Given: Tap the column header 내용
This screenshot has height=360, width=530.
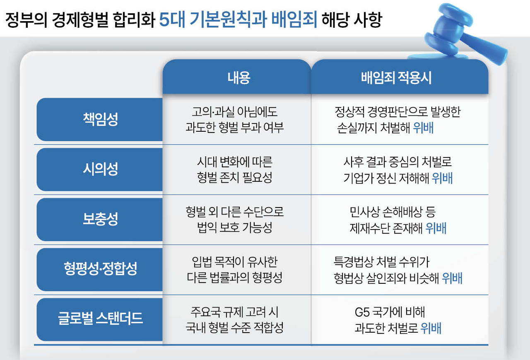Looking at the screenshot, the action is (x=239, y=77).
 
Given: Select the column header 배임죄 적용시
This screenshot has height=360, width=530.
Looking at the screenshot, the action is (x=396, y=77).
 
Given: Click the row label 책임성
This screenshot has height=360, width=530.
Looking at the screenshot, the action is (x=100, y=119).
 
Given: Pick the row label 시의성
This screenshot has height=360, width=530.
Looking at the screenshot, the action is (x=100, y=169).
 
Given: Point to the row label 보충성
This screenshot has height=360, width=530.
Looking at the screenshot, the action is (x=100, y=219).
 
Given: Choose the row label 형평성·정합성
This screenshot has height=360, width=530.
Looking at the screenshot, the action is (x=100, y=269).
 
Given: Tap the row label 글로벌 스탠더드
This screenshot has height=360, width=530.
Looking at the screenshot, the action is (x=100, y=318).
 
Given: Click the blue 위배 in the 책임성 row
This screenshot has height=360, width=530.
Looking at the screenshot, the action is (x=423, y=128).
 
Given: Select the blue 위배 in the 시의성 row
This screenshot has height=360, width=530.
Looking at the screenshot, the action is (x=442, y=178).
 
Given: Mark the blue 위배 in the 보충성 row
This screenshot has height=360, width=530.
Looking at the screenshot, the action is (x=436, y=228).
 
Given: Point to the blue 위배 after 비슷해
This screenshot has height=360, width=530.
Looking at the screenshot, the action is (x=452, y=278).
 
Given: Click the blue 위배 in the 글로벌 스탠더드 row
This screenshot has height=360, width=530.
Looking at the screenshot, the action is (x=431, y=328).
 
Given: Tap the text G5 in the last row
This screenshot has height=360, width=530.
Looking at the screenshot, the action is (x=362, y=312).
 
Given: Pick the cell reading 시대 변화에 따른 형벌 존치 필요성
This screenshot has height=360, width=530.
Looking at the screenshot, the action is (x=234, y=169).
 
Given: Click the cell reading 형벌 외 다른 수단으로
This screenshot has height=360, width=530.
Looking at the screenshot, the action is (x=234, y=212).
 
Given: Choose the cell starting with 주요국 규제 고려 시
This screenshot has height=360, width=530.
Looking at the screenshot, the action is (x=234, y=320).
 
